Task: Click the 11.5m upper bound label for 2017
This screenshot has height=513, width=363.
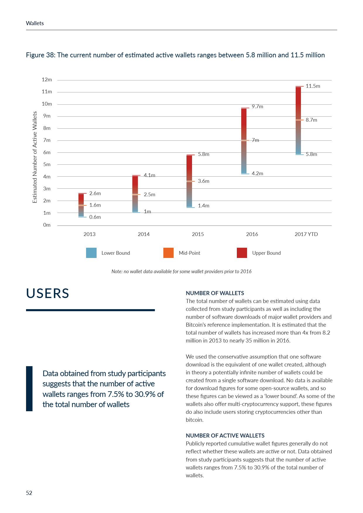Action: [x=313, y=86]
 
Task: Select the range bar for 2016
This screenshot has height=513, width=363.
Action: [x=244, y=141]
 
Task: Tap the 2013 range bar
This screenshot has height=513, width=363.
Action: [x=81, y=205]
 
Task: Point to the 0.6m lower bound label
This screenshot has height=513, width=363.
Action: [x=95, y=217]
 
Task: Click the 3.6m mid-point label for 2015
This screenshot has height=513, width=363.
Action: [x=203, y=181]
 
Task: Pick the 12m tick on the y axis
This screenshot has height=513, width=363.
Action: [x=47, y=80]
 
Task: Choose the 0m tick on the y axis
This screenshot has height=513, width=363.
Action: [x=47, y=225]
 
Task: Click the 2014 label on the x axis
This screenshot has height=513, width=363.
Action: [x=143, y=234]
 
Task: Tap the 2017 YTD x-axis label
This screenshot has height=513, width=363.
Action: [x=306, y=234]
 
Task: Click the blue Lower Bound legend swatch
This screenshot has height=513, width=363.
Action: [x=91, y=253]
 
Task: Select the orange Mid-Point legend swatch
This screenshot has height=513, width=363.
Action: [x=168, y=253]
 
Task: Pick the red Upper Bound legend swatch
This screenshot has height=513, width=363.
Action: [x=242, y=253]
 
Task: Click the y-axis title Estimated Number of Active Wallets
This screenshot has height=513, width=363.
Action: [x=35, y=157]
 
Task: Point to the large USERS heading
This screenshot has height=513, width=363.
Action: [x=48, y=293]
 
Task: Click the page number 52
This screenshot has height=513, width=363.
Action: [x=29, y=493]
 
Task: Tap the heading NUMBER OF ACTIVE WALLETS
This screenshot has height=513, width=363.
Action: [x=225, y=435]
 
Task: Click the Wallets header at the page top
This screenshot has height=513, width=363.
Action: [x=35, y=23]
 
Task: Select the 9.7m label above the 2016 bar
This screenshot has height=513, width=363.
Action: [x=257, y=106]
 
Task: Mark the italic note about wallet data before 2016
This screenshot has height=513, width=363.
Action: [x=181, y=271]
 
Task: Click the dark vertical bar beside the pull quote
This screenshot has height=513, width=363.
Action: [x=29, y=389]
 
